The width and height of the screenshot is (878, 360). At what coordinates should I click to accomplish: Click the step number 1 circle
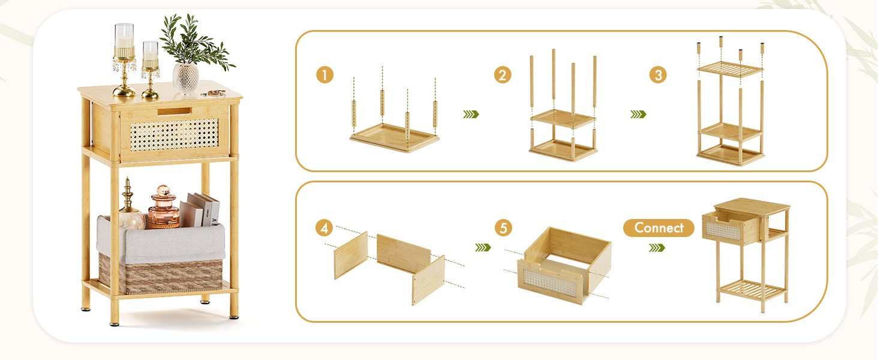[324, 75]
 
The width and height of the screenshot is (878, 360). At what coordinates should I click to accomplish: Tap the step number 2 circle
[503, 75]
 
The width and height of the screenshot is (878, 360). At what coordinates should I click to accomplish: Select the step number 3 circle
[658, 75]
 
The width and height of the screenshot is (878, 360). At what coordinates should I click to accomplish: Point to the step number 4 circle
[324, 228]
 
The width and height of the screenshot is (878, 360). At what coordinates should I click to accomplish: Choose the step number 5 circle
[503, 228]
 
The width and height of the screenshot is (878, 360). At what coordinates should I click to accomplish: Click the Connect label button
[659, 227]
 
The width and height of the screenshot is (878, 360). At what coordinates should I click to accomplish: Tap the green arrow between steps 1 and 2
[471, 114]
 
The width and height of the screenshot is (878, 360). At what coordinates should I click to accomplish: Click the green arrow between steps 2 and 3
[638, 114]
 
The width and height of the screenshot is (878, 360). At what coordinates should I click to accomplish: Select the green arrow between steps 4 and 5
[483, 247]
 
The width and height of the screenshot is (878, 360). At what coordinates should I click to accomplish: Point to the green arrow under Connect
[657, 247]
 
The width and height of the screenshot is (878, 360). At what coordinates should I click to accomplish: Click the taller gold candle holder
[124, 60]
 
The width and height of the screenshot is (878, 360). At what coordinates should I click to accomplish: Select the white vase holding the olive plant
[186, 78]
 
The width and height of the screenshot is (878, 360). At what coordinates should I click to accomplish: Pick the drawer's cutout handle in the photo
[175, 111]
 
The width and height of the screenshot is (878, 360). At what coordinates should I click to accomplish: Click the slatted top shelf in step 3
[730, 68]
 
